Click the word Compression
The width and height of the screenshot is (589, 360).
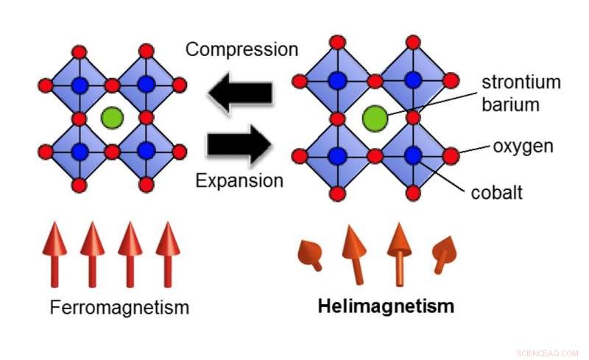point(241,49)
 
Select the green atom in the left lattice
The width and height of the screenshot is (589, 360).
point(112,116)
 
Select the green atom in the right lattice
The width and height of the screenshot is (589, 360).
point(375,116)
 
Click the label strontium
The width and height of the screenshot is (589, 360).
point(521,82)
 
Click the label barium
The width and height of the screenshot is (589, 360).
point(510,104)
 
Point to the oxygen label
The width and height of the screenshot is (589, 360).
point(522,147)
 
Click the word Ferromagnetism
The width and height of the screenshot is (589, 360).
point(119,307)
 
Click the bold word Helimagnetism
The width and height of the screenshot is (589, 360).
point(386,306)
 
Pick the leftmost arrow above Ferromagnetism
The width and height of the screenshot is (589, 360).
point(54,254)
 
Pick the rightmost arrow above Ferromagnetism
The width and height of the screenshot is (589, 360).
point(168,254)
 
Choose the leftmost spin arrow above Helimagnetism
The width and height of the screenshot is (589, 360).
point(311,253)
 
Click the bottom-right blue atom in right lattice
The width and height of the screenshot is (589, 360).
point(412,155)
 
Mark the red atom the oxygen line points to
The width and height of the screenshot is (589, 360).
point(450,155)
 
